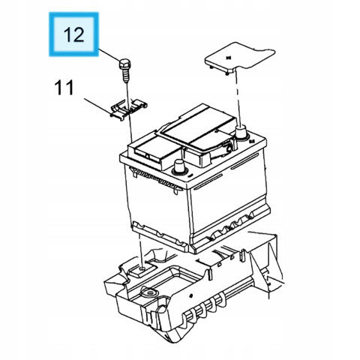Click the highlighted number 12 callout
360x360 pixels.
point(73,34)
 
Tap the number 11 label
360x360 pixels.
point(64,88)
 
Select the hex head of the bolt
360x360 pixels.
point(124,64)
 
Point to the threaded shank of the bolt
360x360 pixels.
point(126,76)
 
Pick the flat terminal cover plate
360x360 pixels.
point(239,58)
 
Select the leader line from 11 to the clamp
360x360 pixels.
point(98,107)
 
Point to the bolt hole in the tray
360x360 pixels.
point(142,268)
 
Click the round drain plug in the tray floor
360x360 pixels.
point(151,292)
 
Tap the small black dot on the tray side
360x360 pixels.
point(190,295)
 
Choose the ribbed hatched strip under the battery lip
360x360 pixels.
point(155,178)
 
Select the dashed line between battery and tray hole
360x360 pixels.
point(141,250)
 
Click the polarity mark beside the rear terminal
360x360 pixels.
point(252,142)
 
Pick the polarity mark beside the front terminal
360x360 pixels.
point(190,175)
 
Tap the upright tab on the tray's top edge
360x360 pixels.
point(241,256)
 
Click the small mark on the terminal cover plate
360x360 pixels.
point(228,58)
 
